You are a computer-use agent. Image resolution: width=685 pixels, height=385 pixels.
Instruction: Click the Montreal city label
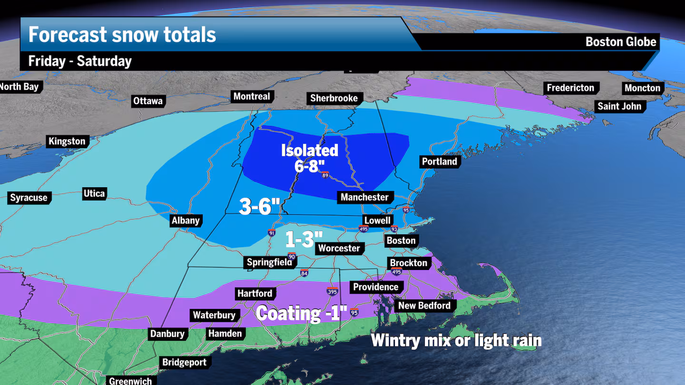click(252, 96)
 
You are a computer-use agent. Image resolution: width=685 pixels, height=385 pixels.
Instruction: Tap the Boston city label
click(401, 241)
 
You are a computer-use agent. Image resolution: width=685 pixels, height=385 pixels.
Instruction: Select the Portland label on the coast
click(439, 162)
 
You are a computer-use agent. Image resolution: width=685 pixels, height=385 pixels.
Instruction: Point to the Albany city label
click(186, 220)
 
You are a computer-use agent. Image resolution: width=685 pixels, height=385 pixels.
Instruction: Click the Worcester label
click(339, 248)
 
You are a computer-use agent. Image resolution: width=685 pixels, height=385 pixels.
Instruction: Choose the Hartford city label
click(255, 294)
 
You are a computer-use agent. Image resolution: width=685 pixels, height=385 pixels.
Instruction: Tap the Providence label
click(376, 287)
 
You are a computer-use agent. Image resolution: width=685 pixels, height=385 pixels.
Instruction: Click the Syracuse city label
click(29, 198)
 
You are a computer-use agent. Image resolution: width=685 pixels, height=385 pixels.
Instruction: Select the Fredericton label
click(570, 88)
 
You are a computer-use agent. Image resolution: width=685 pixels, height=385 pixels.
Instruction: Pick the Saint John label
click(619, 106)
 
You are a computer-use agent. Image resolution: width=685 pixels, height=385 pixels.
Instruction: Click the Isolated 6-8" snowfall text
click(310, 158)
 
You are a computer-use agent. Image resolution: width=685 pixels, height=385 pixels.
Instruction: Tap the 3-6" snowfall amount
click(259, 207)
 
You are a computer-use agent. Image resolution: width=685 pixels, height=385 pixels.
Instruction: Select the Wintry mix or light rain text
click(456, 340)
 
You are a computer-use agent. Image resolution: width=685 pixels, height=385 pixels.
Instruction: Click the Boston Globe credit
click(620, 42)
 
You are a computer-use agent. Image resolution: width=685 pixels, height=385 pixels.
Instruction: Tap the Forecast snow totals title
click(122, 35)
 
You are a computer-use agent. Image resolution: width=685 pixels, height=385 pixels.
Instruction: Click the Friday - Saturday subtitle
click(80, 61)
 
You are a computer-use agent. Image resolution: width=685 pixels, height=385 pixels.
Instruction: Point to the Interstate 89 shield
click(325, 175)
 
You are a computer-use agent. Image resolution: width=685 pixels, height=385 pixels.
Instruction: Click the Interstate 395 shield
click(333, 291)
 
